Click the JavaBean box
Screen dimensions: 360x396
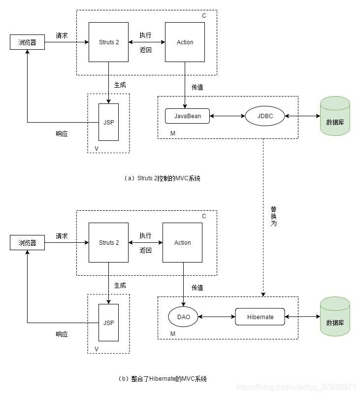187,116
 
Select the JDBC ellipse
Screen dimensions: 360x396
265,116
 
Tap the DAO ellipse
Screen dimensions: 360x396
183,317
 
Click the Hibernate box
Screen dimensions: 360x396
260,317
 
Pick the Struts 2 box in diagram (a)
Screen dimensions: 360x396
108,42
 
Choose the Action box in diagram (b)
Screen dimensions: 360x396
183,242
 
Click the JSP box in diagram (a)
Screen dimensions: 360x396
108,122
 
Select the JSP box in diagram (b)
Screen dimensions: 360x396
108,323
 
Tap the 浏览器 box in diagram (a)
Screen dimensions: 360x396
27,42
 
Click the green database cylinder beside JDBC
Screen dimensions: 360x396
335,116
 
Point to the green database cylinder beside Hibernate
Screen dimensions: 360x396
335,316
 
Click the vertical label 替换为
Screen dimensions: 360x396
274,216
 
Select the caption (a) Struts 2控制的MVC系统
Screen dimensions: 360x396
162,178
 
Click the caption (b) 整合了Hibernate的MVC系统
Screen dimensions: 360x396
162,379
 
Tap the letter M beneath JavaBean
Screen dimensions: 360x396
173,133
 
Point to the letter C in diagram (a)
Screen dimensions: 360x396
204,16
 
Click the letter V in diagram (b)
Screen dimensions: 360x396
97,349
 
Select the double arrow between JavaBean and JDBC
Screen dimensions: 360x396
228,116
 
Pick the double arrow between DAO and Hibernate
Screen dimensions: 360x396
217,317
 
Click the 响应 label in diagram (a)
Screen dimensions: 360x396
62,133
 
